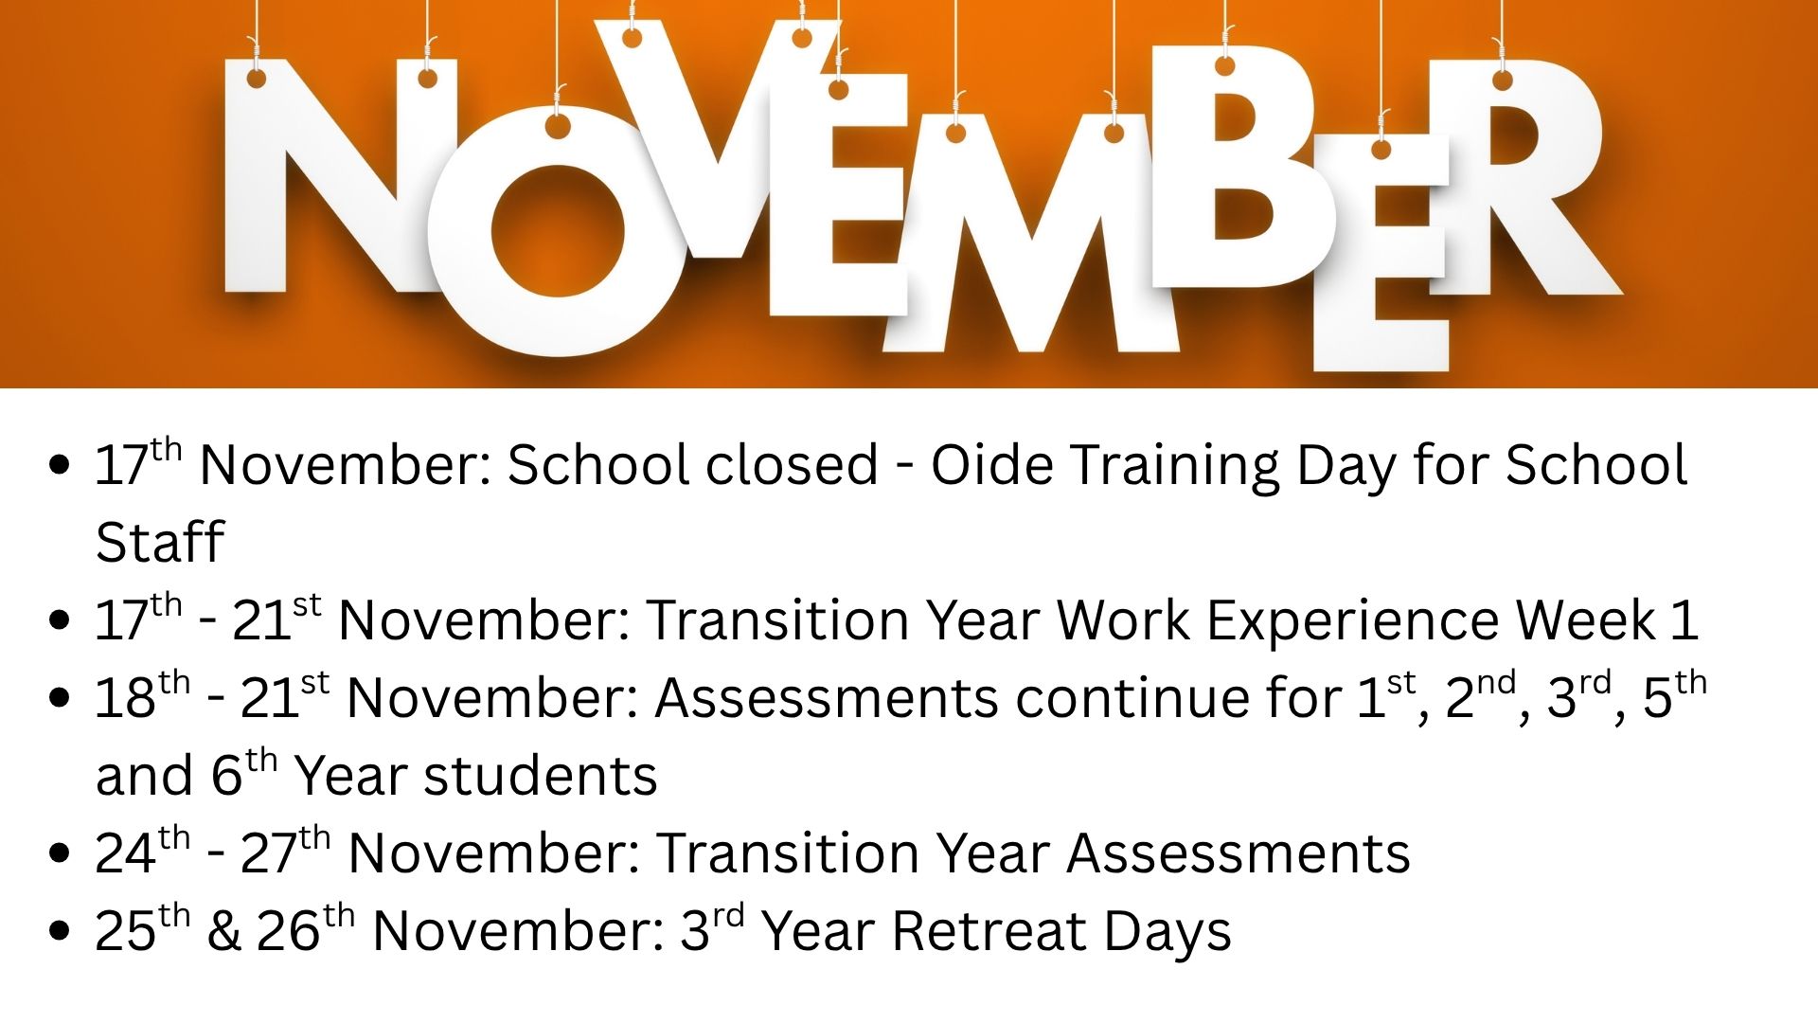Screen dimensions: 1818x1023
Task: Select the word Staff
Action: pyautogui.click(x=159, y=541)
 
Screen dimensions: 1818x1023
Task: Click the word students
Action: pyautogui.click(x=540, y=776)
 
